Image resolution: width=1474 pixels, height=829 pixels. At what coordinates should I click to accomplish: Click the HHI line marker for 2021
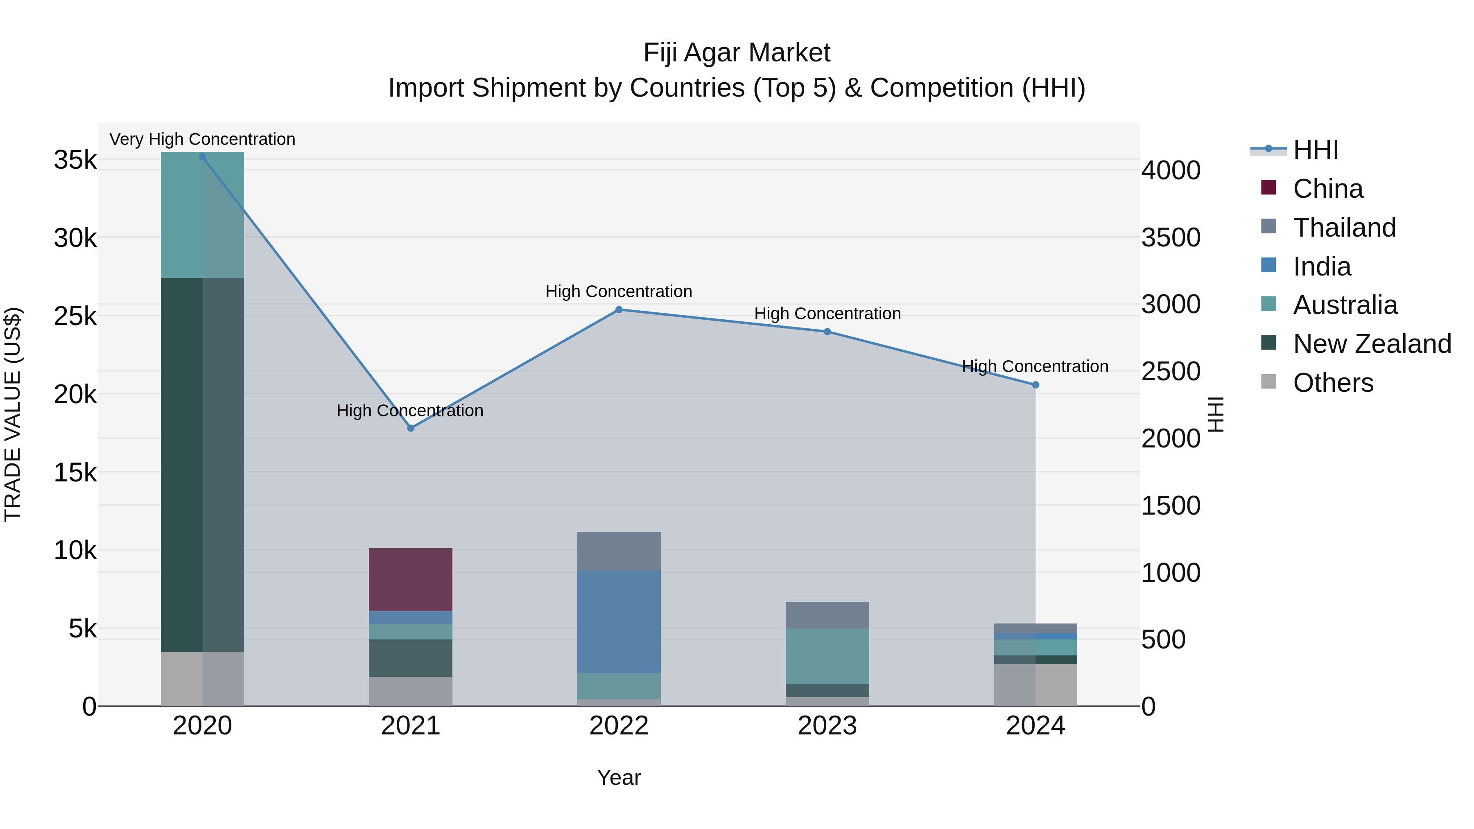coord(410,428)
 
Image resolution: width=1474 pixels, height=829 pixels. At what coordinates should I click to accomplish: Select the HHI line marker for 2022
coord(619,309)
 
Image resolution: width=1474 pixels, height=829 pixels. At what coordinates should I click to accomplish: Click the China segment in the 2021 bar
coord(410,579)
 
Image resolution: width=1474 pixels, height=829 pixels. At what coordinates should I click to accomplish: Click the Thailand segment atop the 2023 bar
coord(827,614)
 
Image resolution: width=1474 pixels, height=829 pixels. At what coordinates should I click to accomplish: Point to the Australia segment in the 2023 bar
coord(827,656)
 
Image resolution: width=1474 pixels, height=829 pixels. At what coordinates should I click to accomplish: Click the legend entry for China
coord(1327,189)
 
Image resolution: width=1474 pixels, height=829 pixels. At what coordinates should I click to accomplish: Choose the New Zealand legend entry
coord(1372,344)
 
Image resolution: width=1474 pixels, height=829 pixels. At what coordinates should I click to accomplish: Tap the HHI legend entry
coord(1315,150)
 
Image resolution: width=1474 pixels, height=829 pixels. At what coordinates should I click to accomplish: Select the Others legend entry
coord(1333,383)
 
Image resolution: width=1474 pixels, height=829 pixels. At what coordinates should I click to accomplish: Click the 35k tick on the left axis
coord(75,160)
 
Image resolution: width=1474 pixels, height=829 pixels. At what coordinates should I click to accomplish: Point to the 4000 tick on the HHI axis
coord(1171,170)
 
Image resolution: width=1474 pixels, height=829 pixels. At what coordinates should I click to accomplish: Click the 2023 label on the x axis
coord(827,726)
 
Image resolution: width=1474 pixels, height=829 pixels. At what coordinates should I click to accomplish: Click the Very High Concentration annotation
coord(202,139)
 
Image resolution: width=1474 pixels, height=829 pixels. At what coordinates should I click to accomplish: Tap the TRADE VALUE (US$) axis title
coord(13,414)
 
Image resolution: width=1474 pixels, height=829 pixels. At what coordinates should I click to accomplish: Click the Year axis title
coord(619,777)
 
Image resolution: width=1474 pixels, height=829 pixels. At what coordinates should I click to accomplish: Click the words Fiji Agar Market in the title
coord(737,53)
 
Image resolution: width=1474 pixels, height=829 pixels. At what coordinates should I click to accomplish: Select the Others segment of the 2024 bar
coord(1035,685)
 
